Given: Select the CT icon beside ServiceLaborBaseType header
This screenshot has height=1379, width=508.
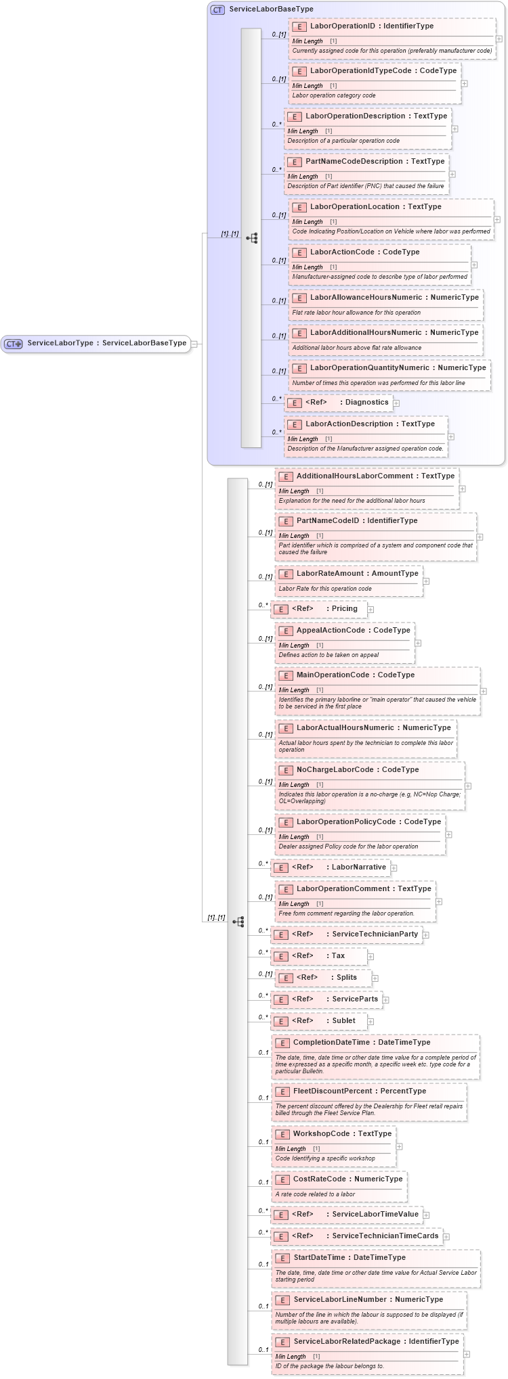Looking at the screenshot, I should point(217,9).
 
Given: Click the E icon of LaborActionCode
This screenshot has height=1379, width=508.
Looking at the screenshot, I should point(299,253).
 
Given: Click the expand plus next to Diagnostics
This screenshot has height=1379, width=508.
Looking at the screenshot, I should point(396,403).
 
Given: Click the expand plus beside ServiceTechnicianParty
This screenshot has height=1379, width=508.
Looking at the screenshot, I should point(426,935).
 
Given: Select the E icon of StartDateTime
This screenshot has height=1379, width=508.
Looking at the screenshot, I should point(282,1259).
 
